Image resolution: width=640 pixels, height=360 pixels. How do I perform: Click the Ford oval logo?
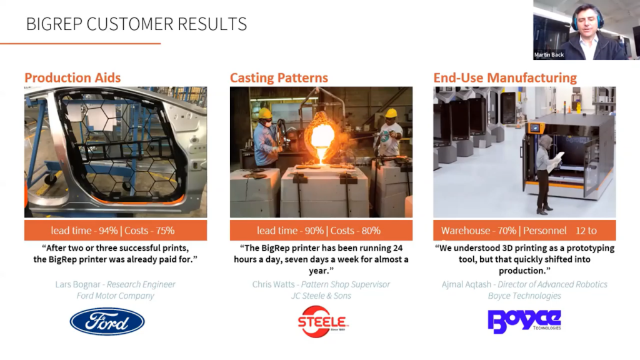[107, 321]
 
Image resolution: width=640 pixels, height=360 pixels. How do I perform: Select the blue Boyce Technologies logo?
[524, 321]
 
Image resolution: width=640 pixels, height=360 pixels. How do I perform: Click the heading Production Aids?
[72, 78]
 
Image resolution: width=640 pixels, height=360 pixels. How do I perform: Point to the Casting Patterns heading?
[279, 78]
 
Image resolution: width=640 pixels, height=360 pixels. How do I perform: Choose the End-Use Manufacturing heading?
[505, 78]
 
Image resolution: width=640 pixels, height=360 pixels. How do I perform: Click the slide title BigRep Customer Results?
[136, 24]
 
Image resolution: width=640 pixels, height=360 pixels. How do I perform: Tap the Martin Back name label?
[549, 55]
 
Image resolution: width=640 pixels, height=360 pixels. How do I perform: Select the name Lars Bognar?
[79, 284]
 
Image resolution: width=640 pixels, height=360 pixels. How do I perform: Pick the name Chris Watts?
[273, 284]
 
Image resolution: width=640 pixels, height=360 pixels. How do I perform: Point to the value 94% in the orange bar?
[107, 231]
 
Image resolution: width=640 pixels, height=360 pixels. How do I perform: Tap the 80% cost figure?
[371, 231]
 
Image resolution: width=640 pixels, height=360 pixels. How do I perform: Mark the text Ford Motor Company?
[115, 296]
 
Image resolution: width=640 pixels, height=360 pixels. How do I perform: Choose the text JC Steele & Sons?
[321, 296]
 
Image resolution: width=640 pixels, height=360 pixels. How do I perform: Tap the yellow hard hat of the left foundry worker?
[265, 114]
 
